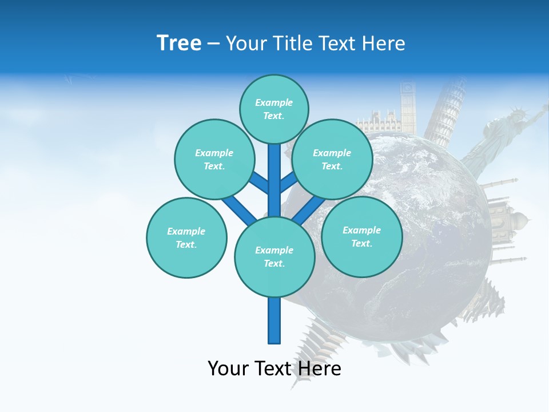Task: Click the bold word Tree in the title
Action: pos(179,43)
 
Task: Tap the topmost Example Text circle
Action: pos(274,109)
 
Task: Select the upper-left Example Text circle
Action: pos(214,159)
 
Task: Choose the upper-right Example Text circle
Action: pos(332,159)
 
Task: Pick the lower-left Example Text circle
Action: pos(186,237)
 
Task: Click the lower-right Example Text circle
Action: pos(361,236)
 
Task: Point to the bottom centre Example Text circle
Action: pos(274,256)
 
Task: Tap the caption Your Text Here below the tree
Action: pos(274,369)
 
